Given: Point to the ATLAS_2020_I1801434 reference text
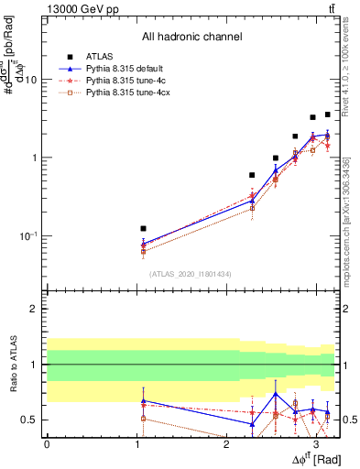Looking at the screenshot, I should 191,274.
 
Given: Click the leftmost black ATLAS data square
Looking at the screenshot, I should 143,228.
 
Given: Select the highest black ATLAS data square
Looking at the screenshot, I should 328,115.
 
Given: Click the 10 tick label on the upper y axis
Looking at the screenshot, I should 30,80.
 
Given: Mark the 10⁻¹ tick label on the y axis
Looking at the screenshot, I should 28,236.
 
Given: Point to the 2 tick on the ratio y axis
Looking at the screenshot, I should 33,309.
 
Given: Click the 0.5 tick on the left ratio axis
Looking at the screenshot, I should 30,420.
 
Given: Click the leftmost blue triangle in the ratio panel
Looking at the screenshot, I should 143,401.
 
